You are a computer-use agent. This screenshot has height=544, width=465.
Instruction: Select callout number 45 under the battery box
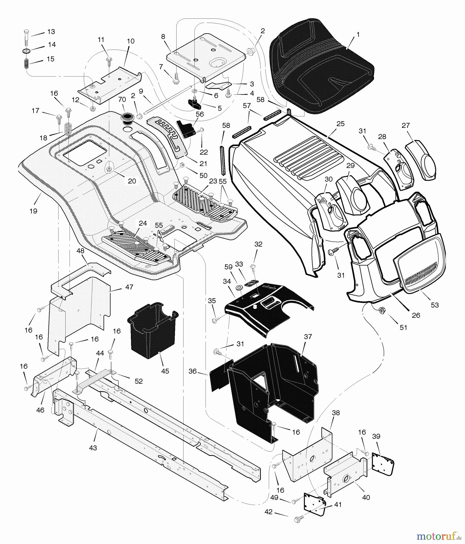165,371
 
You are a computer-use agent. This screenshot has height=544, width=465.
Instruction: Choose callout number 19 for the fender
33,211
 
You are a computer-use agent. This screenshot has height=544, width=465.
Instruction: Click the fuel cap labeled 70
127,118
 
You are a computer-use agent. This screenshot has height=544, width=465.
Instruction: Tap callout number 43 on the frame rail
93,448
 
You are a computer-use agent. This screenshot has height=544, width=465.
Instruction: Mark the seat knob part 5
193,104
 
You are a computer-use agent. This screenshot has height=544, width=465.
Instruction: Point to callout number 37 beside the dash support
308,337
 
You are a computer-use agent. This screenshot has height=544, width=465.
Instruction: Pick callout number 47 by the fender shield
129,287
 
